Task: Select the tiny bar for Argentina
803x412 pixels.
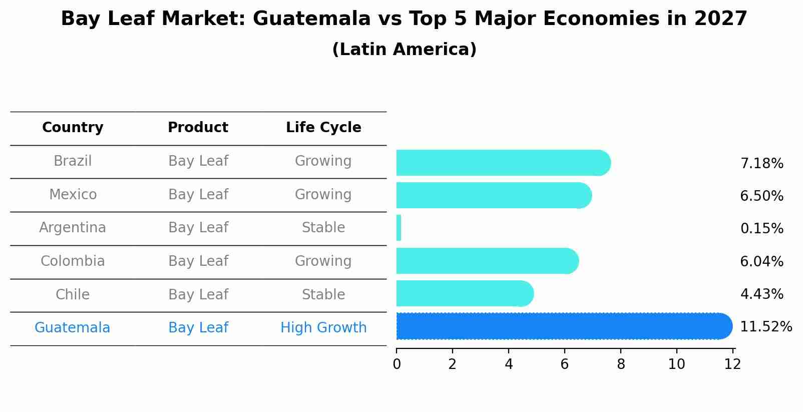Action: pyautogui.click(x=398, y=228)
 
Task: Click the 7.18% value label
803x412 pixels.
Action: pyautogui.click(x=761, y=164)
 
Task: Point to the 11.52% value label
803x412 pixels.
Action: pyautogui.click(x=765, y=327)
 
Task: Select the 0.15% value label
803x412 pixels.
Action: pyautogui.click(x=761, y=229)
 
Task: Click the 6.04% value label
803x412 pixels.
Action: pyautogui.click(x=761, y=262)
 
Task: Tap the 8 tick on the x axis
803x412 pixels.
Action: pyautogui.click(x=621, y=364)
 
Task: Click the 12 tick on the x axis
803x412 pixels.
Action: pyautogui.click(x=732, y=364)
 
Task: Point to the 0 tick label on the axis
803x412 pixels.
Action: pyautogui.click(x=396, y=364)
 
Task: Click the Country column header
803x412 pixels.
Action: pyautogui.click(x=73, y=128)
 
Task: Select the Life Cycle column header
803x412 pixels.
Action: pyautogui.click(x=323, y=128)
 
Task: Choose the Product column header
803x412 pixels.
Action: pyautogui.click(x=198, y=128)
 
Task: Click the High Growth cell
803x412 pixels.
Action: pyautogui.click(x=323, y=328)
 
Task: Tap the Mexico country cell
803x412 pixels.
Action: pyautogui.click(x=73, y=194)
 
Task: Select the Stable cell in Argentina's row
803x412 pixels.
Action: pyautogui.click(x=323, y=228)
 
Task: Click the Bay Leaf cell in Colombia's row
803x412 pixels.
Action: pyautogui.click(x=198, y=261)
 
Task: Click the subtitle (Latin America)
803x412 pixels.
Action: pyautogui.click(x=404, y=50)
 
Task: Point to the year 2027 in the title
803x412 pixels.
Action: pyautogui.click(x=720, y=19)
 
